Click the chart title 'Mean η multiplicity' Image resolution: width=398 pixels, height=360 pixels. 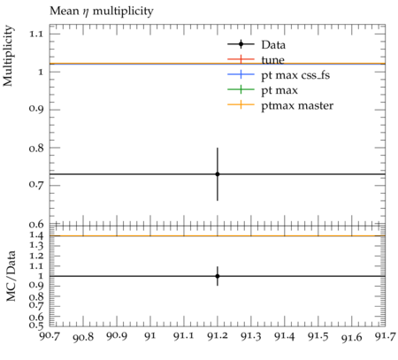(x=102, y=11)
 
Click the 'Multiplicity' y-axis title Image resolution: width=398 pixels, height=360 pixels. (x=8, y=56)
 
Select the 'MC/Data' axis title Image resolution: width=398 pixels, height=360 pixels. (x=11, y=276)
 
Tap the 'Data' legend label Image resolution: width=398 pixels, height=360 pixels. (x=273, y=45)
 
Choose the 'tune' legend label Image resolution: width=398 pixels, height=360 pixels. (x=272, y=60)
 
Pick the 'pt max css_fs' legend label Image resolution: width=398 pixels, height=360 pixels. (x=295, y=75)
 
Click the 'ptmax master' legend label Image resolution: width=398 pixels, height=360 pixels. (x=297, y=105)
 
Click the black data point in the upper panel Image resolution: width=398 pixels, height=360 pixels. (x=218, y=174)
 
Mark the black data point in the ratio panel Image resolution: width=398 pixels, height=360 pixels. (x=218, y=276)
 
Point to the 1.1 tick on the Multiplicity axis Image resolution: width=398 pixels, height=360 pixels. (x=36, y=34)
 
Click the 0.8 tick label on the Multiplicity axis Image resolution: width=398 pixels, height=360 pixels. (x=36, y=148)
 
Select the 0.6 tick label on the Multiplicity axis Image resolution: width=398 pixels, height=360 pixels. (x=36, y=225)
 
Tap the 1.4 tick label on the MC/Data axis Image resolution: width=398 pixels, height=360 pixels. (x=36, y=235)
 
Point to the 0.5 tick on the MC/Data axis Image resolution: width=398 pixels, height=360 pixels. (x=36, y=326)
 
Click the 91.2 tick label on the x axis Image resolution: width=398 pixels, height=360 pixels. (x=218, y=336)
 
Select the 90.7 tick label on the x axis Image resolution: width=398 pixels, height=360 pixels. (x=50, y=336)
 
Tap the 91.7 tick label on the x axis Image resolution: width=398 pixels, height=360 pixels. (x=385, y=336)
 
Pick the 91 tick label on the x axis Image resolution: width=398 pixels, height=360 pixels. (x=150, y=336)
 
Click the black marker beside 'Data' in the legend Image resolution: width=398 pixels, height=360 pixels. (x=241, y=44)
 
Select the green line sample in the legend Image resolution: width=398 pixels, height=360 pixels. (x=241, y=89)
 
